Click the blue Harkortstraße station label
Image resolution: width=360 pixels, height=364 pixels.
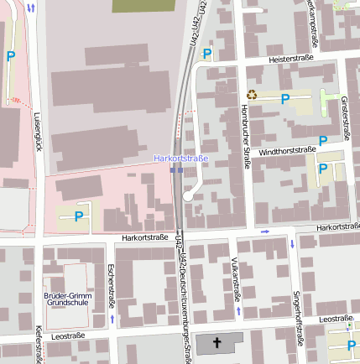pyautogui.click(x=180, y=158)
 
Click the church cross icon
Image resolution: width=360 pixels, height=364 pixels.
pyautogui.click(x=218, y=343)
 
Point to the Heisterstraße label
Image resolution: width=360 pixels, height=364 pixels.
pyautogui.click(x=290, y=60)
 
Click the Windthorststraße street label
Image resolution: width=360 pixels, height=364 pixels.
pyautogui.click(x=287, y=151)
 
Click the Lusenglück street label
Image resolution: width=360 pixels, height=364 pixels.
pyautogui.click(x=37, y=132)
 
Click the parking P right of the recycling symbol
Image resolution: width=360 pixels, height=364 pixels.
pyautogui.click(x=285, y=99)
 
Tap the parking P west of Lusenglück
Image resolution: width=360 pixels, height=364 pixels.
pyautogui.click(x=10, y=56)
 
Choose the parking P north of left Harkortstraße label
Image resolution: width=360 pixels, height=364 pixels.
pyautogui.click(x=79, y=216)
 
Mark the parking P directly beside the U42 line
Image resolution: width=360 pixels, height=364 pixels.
pyautogui.click(x=206, y=54)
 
